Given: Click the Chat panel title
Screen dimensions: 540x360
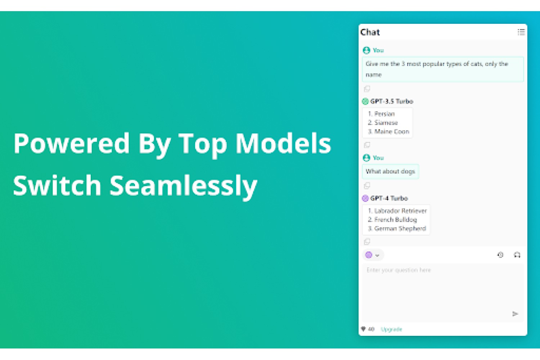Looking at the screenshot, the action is (370, 32).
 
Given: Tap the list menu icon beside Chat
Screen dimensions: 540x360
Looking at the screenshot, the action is (521, 32).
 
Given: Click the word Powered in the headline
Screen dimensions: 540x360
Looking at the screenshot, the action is (71, 143).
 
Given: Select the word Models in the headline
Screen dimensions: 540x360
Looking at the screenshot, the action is (283, 143).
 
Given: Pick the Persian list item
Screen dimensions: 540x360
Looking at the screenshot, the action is (381, 114).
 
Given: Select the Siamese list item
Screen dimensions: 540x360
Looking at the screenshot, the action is (383, 123).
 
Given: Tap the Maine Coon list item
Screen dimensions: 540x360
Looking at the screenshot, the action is (388, 132).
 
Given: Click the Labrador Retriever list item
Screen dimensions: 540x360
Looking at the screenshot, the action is (397, 211).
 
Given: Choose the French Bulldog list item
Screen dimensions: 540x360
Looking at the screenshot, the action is (392, 220).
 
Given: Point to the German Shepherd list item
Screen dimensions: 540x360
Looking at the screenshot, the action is (397, 229).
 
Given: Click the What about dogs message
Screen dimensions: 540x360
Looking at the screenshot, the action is (390, 171).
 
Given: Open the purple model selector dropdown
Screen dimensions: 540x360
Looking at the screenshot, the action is (373, 255).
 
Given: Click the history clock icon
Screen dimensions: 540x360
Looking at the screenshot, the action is (500, 255).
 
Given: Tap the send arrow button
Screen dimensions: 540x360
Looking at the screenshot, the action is (515, 314).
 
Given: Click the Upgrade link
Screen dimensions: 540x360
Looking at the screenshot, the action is (392, 329).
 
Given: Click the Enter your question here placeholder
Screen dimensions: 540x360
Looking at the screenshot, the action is (399, 270).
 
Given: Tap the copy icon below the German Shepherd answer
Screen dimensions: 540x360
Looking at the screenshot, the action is (367, 241).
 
